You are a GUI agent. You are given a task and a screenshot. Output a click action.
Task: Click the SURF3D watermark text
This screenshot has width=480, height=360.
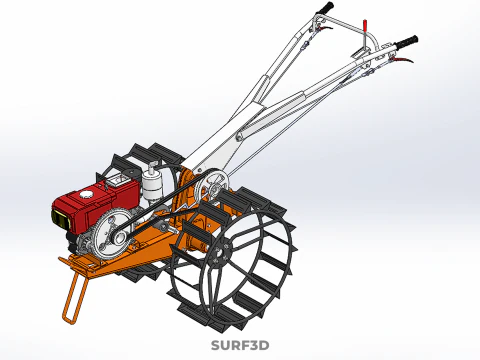point(240,346)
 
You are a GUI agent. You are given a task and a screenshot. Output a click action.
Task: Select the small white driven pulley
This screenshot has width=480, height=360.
point(212,189)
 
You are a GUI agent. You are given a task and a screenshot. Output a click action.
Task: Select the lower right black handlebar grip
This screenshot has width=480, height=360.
point(406,43)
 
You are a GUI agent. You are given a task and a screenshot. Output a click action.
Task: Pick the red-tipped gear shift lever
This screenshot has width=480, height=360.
point(366,24)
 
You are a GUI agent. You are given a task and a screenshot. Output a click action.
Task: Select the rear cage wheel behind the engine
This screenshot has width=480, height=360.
point(140,160)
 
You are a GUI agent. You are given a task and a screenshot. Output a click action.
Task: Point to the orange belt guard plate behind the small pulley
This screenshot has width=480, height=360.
point(185,195)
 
